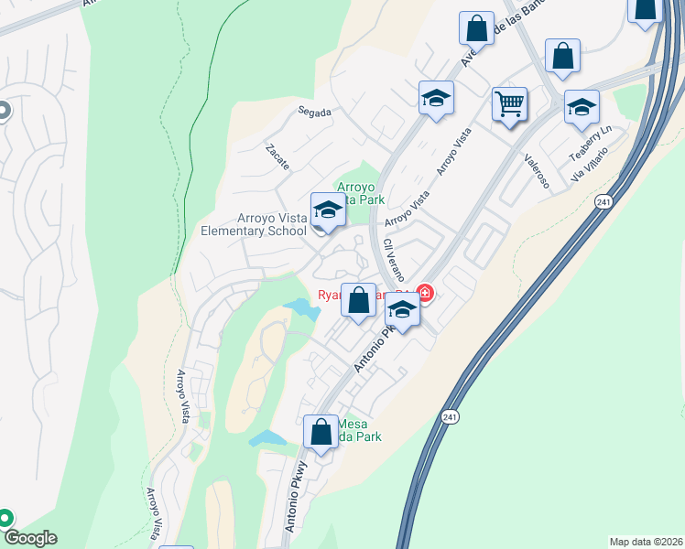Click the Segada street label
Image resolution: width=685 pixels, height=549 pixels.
point(314,113)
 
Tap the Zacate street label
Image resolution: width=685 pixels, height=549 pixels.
point(277,156)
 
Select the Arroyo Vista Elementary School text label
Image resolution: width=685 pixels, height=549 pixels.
point(254,224)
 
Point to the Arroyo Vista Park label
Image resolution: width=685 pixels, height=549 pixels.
point(361,193)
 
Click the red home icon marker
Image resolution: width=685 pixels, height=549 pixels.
point(424,294)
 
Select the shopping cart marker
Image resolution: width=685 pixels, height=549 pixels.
point(509,103)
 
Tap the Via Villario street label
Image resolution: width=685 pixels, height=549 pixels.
point(591,166)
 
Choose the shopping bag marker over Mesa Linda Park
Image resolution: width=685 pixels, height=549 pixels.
point(321,432)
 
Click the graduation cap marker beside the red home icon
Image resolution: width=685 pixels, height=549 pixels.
point(401,312)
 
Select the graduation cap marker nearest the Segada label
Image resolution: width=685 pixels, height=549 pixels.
point(437,98)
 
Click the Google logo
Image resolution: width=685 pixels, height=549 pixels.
point(29,538)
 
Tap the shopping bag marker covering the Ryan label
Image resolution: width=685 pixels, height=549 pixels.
point(359,299)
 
